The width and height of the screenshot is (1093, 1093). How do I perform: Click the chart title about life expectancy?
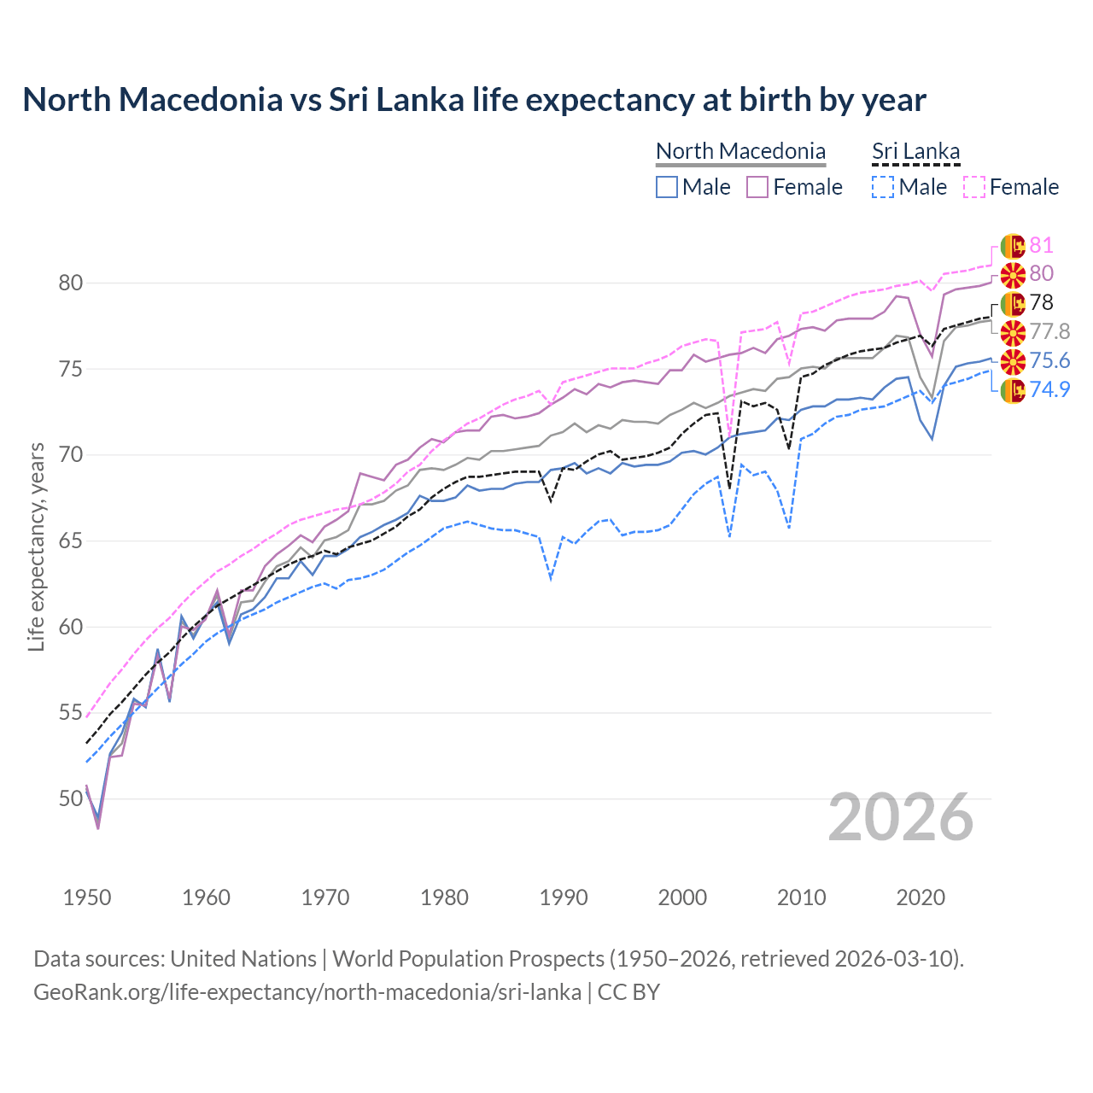(x=474, y=100)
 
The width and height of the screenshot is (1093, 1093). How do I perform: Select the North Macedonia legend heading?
(x=740, y=151)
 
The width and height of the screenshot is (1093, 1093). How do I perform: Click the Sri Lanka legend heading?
(x=915, y=151)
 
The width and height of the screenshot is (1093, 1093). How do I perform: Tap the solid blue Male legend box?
(x=667, y=187)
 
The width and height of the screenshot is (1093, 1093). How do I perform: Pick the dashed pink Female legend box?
(x=974, y=187)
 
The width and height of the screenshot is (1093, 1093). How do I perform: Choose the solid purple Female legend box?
(x=757, y=187)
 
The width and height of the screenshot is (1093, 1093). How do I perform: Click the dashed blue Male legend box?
(x=883, y=187)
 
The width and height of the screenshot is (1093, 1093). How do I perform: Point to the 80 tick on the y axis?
(x=70, y=283)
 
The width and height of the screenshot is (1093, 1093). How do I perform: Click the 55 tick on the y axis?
(x=70, y=712)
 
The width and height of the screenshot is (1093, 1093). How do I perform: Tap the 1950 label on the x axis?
(x=87, y=897)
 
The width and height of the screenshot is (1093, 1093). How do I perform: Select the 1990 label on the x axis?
(x=564, y=897)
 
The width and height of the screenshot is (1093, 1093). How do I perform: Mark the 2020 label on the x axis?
(x=921, y=897)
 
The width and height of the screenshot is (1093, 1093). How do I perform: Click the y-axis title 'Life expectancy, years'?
(x=37, y=546)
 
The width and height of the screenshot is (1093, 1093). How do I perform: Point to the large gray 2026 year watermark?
(x=901, y=817)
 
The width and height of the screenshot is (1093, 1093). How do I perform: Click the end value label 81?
(x=1041, y=246)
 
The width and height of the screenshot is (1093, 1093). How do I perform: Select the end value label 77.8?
(x=1049, y=331)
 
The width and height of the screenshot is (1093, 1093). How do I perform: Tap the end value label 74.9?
(x=1049, y=389)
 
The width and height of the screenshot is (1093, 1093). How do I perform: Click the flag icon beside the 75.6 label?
(x=1013, y=361)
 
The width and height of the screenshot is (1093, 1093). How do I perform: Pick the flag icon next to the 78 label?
(x=1013, y=303)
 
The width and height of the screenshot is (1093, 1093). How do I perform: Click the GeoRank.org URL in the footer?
(x=307, y=992)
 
